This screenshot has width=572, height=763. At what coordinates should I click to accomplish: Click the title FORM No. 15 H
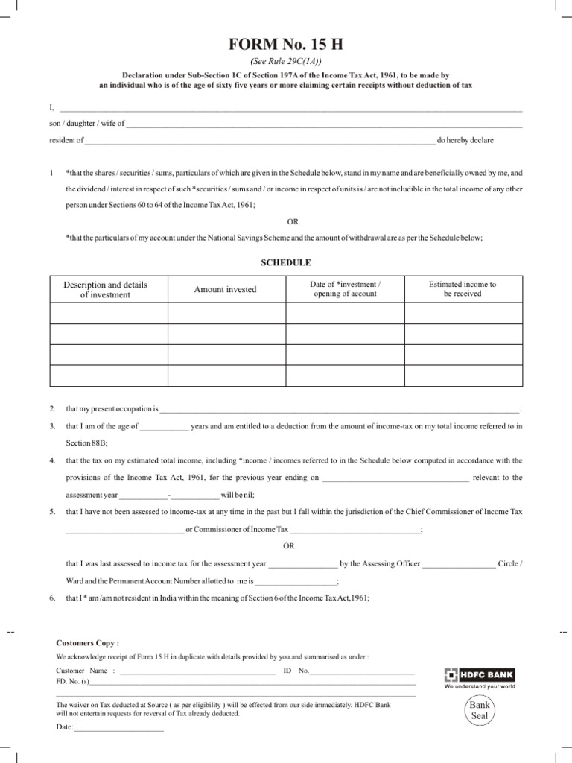286,47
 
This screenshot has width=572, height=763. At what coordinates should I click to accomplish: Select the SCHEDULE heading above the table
286,262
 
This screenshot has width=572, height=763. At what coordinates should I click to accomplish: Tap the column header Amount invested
225,289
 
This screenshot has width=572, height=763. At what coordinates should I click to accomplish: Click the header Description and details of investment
105,289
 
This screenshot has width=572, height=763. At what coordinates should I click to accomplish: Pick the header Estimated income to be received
462,289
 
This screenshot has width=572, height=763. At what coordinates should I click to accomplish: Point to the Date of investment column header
345,289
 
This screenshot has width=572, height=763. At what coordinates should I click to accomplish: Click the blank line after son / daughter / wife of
325,125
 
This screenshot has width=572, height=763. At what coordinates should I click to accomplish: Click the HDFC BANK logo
480,675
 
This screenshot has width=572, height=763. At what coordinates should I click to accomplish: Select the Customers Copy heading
88,642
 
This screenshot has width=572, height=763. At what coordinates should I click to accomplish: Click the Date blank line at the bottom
118,729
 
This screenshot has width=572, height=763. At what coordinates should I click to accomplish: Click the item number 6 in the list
52,598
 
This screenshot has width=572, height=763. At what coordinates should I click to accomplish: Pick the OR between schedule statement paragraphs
292,221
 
